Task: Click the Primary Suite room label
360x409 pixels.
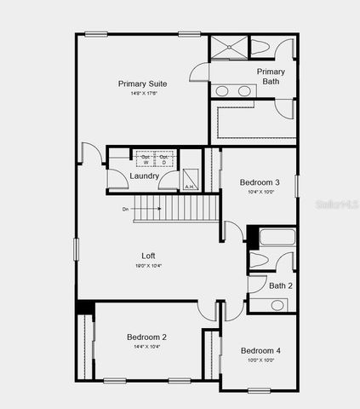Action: [142, 84]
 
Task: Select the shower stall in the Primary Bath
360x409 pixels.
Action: [227, 48]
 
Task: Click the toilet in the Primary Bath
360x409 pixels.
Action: [260, 47]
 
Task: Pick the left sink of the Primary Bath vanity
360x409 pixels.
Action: [222, 91]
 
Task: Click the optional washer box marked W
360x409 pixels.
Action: [145, 159]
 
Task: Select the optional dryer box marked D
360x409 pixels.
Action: [165, 159]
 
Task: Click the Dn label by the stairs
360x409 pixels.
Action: [125, 209]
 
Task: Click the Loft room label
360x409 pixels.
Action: [148, 256]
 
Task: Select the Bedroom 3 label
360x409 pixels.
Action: [260, 182]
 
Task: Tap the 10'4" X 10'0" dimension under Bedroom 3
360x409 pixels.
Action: [260, 193]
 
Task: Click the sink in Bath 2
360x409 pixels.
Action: [277, 305]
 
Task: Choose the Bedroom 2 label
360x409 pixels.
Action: [146, 337]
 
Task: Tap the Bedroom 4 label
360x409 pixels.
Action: [260, 351]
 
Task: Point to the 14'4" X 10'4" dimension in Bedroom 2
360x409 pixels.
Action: [146, 347]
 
